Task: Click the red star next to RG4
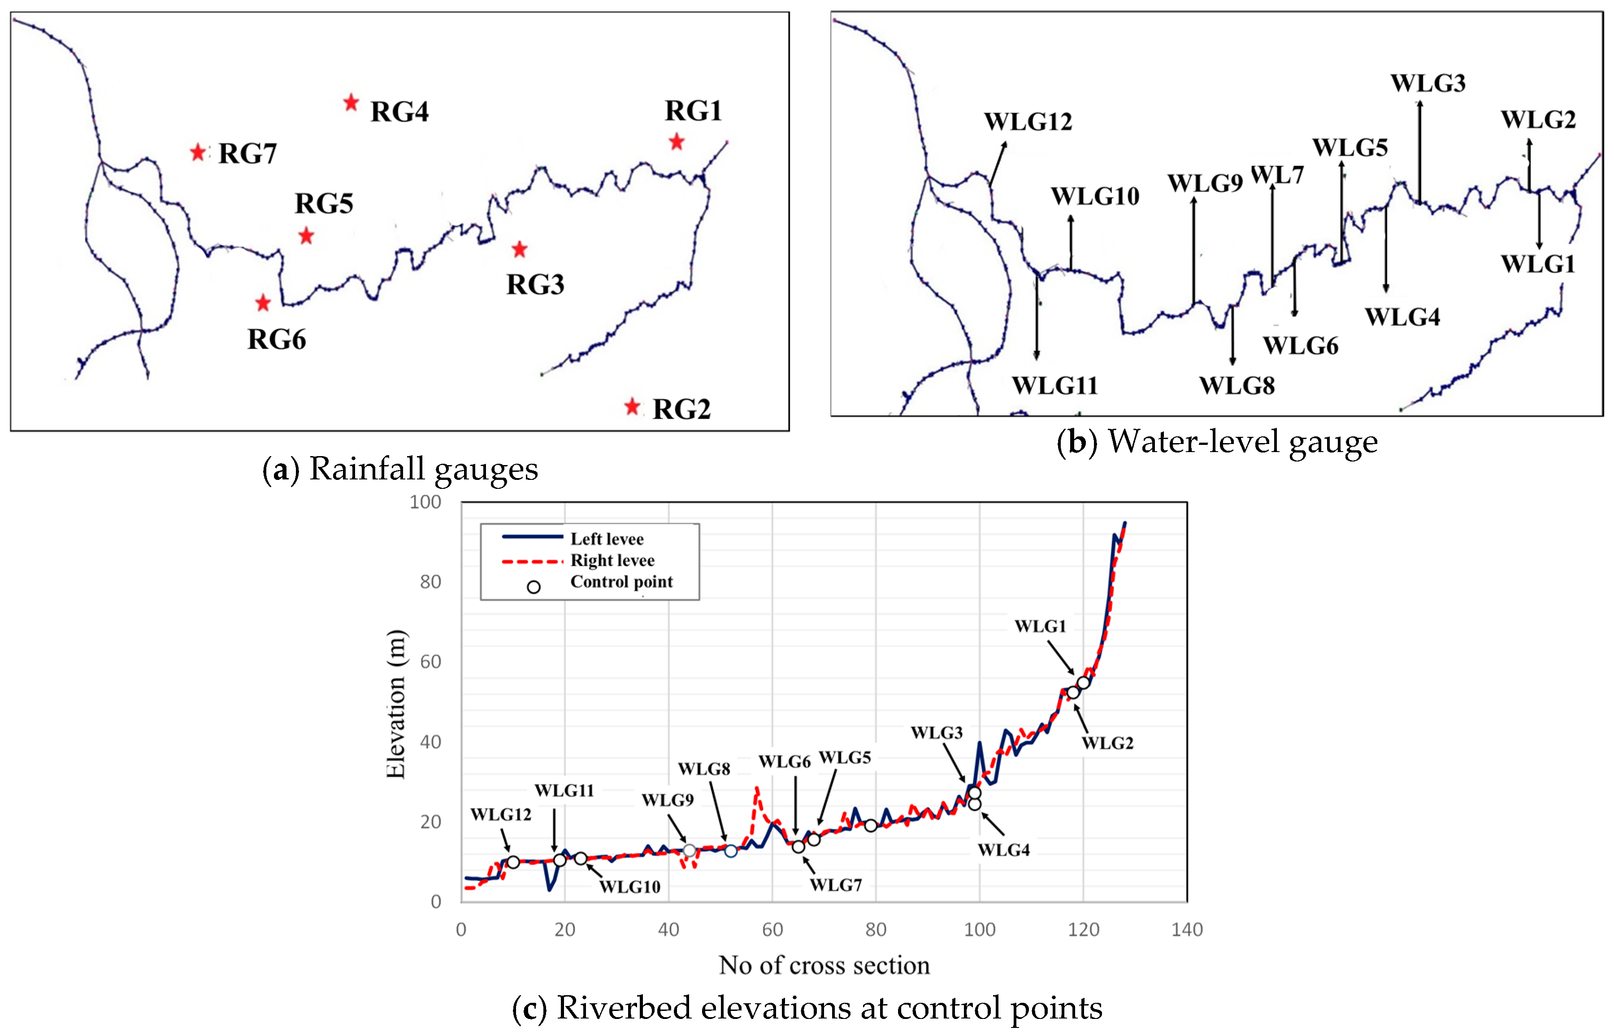(351, 103)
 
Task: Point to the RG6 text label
(276, 340)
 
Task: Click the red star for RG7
(198, 152)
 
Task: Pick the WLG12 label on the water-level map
(1028, 122)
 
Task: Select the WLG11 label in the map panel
(1054, 386)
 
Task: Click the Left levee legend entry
(607, 539)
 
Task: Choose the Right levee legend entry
(612, 561)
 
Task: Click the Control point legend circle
(534, 588)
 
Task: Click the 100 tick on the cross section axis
(979, 930)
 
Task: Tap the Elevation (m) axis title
(395, 704)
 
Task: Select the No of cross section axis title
(824, 965)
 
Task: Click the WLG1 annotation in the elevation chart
(1040, 626)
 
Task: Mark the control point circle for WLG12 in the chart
(512, 862)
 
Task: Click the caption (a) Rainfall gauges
(400, 469)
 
